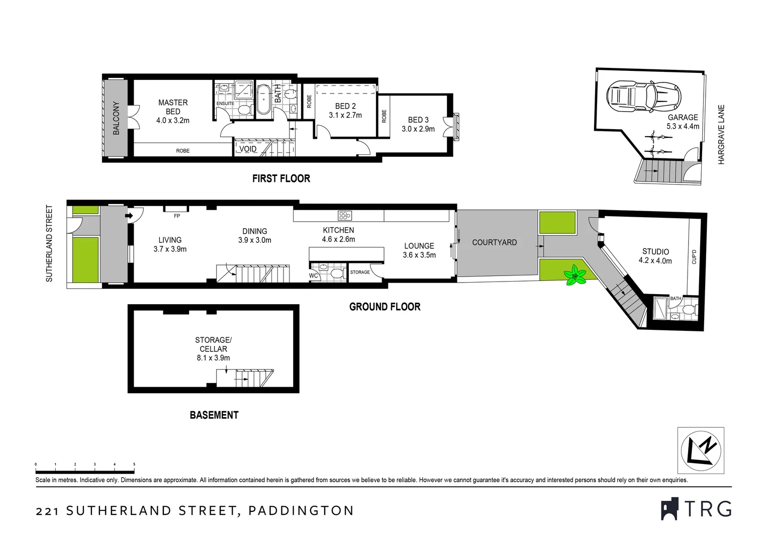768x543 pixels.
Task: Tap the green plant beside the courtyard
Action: pyautogui.click(x=575, y=275)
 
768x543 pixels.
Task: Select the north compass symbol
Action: pyautogui.click(x=701, y=450)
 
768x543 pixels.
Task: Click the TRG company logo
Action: pyautogui.click(x=696, y=509)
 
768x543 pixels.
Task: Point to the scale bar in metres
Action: pyautogui.click(x=85, y=471)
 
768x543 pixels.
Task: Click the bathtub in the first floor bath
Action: pyautogui.click(x=263, y=100)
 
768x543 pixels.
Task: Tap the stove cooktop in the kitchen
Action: pyautogui.click(x=345, y=216)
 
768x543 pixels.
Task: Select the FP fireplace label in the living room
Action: pyautogui.click(x=176, y=216)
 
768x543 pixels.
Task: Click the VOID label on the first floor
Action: pyautogui.click(x=248, y=149)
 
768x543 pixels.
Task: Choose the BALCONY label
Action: pyautogui.click(x=116, y=118)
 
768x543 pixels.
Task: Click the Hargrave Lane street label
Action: pyautogui.click(x=721, y=134)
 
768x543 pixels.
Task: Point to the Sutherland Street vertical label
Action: pyautogui.click(x=49, y=243)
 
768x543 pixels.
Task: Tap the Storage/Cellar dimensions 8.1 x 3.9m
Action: pyautogui.click(x=213, y=358)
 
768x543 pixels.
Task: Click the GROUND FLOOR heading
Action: pyautogui.click(x=385, y=307)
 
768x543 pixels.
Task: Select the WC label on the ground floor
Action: pyautogui.click(x=313, y=276)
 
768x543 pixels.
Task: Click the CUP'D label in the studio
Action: pyautogui.click(x=694, y=257)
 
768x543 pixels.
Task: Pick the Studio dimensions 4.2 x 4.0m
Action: pyautogui.click(x=655, y=260)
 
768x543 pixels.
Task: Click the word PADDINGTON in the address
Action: pyautogui.click(x=301, y=511)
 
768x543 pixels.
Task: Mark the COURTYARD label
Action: pyautogui.click(x=494, y=242)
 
